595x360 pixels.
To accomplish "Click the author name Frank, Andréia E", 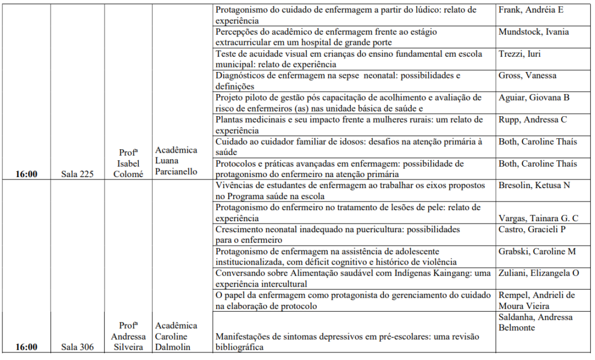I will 531,10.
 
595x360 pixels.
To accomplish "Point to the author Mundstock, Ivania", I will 533,32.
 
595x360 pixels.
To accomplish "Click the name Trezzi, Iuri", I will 519,54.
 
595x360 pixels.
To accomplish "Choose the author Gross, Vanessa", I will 527,75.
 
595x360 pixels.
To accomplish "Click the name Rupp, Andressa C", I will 532,120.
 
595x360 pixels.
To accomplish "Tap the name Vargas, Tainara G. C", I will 538,218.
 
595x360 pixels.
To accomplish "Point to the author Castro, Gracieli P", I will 532,229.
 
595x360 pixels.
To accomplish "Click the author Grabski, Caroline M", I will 536,251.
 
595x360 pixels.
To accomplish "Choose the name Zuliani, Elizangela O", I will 539,273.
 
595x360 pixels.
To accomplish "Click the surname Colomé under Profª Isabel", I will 128,174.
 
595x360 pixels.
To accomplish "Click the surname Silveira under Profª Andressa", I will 128,347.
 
